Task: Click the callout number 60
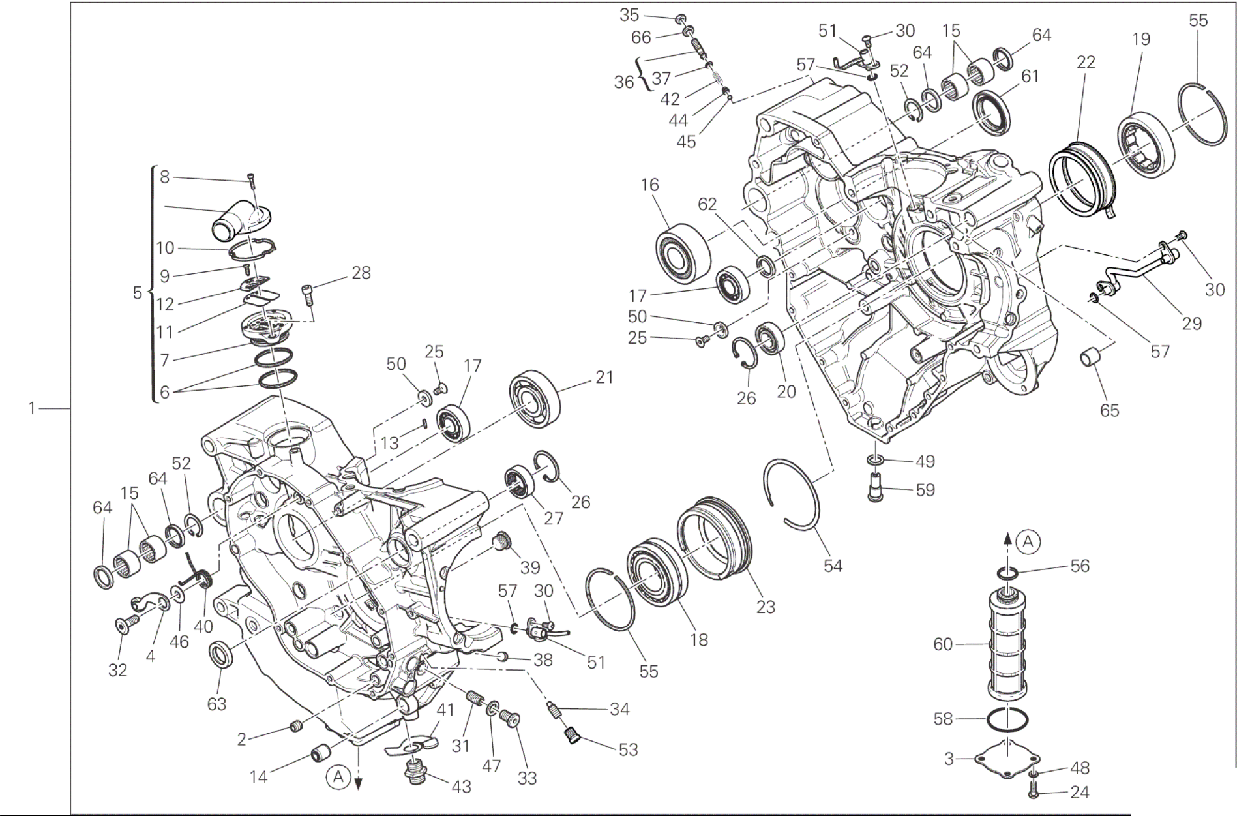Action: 943,644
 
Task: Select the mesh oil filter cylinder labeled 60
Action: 1007,646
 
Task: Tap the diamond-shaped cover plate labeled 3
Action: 1007,759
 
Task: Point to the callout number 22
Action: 1086,63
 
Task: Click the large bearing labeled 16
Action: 683,253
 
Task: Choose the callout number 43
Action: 461,787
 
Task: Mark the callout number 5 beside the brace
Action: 138,293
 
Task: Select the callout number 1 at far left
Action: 31,409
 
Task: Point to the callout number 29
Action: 1191,324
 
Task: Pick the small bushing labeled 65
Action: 1092,358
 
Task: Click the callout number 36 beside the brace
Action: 623,82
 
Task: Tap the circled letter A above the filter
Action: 1028,541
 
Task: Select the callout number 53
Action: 628,750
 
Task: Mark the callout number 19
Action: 1141,39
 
